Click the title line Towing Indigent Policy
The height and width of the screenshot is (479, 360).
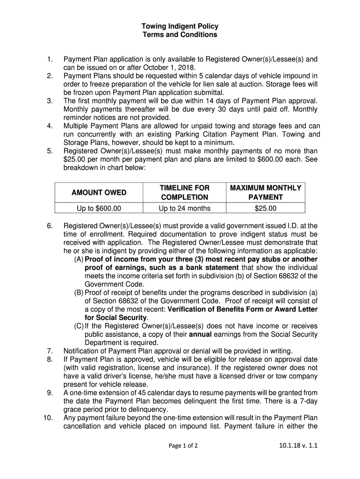(x=180, y=27)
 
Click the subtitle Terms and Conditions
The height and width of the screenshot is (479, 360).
(x=180, y=35)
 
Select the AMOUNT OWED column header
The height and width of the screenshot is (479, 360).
(x=99, y=192)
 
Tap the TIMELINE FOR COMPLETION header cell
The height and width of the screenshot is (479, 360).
(x=184, y=192)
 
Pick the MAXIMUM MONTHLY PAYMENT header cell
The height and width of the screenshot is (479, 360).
(x=266, y=192)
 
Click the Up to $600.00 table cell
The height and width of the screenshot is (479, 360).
(x=99, y=208)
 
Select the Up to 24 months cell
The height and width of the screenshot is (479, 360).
(x=184, y=208)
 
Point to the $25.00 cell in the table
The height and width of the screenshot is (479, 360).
(x=266, y=208)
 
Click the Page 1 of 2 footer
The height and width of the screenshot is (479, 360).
(x=183, y=446)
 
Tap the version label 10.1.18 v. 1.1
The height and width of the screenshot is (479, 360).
(x=297, y=446)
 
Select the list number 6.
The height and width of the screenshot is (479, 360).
(x=50, y=226)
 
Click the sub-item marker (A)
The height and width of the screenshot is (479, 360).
(x=79, y=260)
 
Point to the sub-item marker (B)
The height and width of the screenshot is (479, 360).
(x=79, y=293)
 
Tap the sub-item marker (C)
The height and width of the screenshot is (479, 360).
(x=79, y=326)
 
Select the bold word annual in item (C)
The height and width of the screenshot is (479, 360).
(x=201, y=334)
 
